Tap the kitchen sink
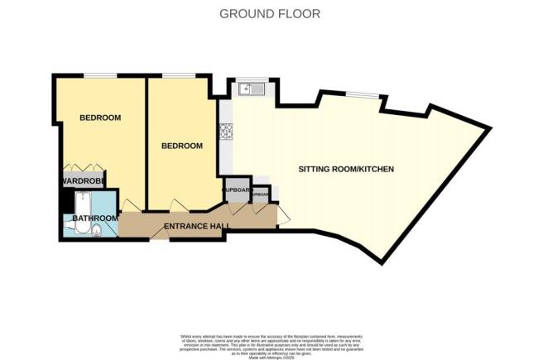pos(249,89)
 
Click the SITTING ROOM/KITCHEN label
pos(346,170)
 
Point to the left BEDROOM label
pos(100,118)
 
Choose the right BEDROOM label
pos(181,146)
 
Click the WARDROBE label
pos(78,180)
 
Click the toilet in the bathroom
pos(95,230)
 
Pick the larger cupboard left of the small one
pos(236,190)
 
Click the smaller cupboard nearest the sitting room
pos(261,195)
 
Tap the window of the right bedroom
pos(175,76)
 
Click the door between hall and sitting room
pos(283,216)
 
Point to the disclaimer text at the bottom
pos(271,341)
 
